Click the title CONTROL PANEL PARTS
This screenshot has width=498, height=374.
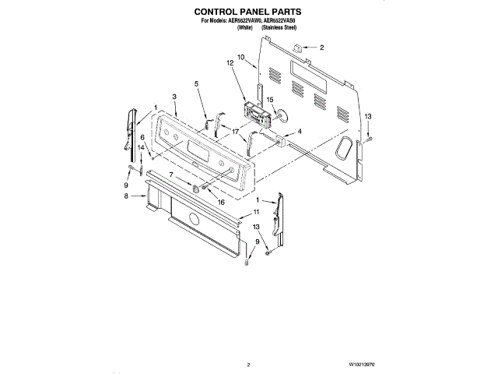coord(248,12)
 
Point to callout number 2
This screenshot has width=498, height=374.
coord(321,48)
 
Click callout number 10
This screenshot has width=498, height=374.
coord(241,57)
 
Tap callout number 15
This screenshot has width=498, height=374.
coord(270,100)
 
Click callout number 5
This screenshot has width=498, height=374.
coord(196,83)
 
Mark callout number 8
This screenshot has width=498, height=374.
coord(125,197)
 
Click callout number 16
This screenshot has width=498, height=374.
coord(221,202)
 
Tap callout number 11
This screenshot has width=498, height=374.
coord(257,212)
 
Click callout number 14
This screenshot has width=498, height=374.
coord(142,147)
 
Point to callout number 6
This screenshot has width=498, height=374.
coord(142,137)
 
